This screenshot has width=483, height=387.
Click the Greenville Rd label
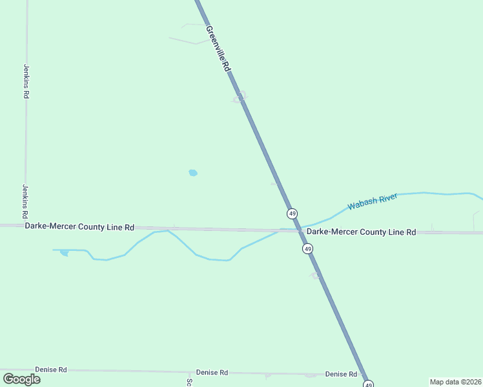coord(219,48)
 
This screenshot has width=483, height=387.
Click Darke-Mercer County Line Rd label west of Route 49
coord(79,227)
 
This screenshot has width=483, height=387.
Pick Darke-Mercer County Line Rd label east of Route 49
coord(361,232)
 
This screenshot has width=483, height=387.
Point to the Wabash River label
coord(372,202)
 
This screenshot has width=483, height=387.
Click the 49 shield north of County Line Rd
coord(293,213)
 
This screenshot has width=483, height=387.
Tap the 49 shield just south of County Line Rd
coord(307,248)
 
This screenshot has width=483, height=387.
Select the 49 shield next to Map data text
coord(367,384)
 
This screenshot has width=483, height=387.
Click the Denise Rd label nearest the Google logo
coord(51,370)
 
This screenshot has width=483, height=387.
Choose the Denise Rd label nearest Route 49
coord(341,374)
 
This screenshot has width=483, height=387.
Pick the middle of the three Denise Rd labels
coord(213,373)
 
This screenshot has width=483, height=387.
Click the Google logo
coord(21,379)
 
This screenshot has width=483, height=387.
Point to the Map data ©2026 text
coord(455,381)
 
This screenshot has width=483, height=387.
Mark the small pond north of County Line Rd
coord(193,173)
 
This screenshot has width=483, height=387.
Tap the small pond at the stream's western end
coord(64,253)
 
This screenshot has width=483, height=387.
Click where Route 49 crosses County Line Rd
coord(300,230)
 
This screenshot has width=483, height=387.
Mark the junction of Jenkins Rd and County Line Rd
coord(25,226)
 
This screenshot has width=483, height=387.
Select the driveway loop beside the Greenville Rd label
coord(240,97)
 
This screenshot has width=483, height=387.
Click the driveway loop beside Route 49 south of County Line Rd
coord(316,275)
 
